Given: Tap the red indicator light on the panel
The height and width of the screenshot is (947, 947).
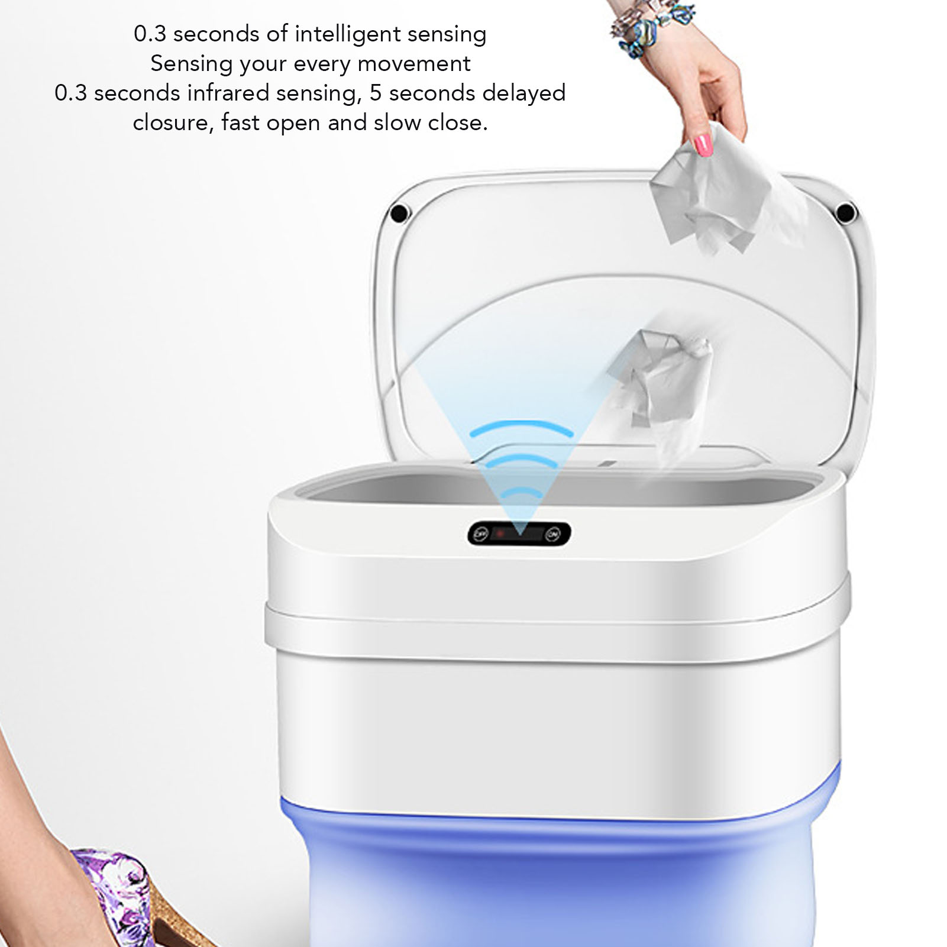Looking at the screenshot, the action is click(500, 534).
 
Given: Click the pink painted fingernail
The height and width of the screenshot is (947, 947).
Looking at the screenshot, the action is click(703, 145).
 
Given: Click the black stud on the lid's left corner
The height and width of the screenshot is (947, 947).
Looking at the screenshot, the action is click(399, 212).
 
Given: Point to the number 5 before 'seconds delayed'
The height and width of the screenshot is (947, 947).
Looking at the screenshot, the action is click(376, 93).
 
